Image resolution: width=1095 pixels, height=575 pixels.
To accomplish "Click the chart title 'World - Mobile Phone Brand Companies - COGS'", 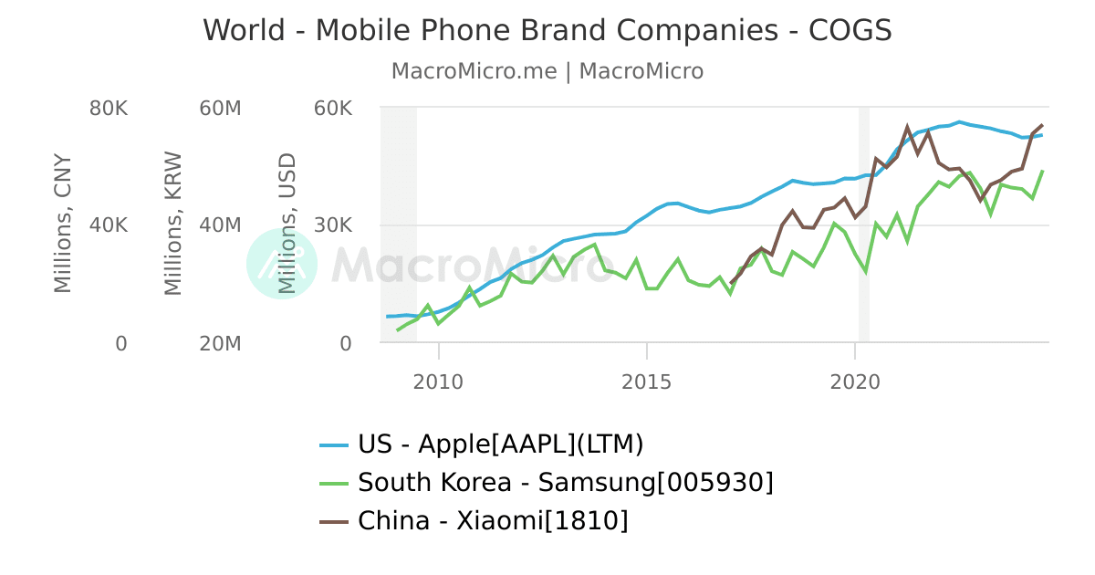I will tap(547, 30).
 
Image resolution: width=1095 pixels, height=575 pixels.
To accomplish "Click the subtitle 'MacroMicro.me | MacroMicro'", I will tap(547, 71).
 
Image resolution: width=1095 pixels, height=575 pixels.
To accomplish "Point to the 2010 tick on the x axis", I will tap(439, 381).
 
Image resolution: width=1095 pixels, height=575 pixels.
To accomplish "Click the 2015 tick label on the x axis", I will tap(646, 381).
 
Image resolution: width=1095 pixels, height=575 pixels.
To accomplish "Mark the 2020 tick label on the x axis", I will tap(854, 381).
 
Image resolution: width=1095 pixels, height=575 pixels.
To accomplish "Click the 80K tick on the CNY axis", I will tap(109, 109).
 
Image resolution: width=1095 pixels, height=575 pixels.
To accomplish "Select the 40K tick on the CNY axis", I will tap(109, 225).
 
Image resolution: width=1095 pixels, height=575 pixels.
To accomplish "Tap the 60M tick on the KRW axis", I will tap(220, 109).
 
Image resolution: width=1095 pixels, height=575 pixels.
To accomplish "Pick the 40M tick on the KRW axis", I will tap(220, 225).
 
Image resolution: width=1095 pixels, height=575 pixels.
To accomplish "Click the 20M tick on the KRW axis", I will tap(220, 344).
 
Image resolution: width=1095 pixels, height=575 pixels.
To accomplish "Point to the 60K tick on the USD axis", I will tap(332, 109).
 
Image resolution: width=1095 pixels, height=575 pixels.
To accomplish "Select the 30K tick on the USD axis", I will tap(332, 225).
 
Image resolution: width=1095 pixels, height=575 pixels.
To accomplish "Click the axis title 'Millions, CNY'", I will tap(62, 224).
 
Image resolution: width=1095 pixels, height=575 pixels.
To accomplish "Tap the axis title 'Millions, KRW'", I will tap(173, 224).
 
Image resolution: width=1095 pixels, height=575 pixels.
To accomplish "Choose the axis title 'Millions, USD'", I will tap(287, 224).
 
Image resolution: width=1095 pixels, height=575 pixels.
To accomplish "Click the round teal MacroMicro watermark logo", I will tap(282, 264).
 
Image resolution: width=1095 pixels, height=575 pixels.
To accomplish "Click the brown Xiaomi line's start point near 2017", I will tap(731, 283).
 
